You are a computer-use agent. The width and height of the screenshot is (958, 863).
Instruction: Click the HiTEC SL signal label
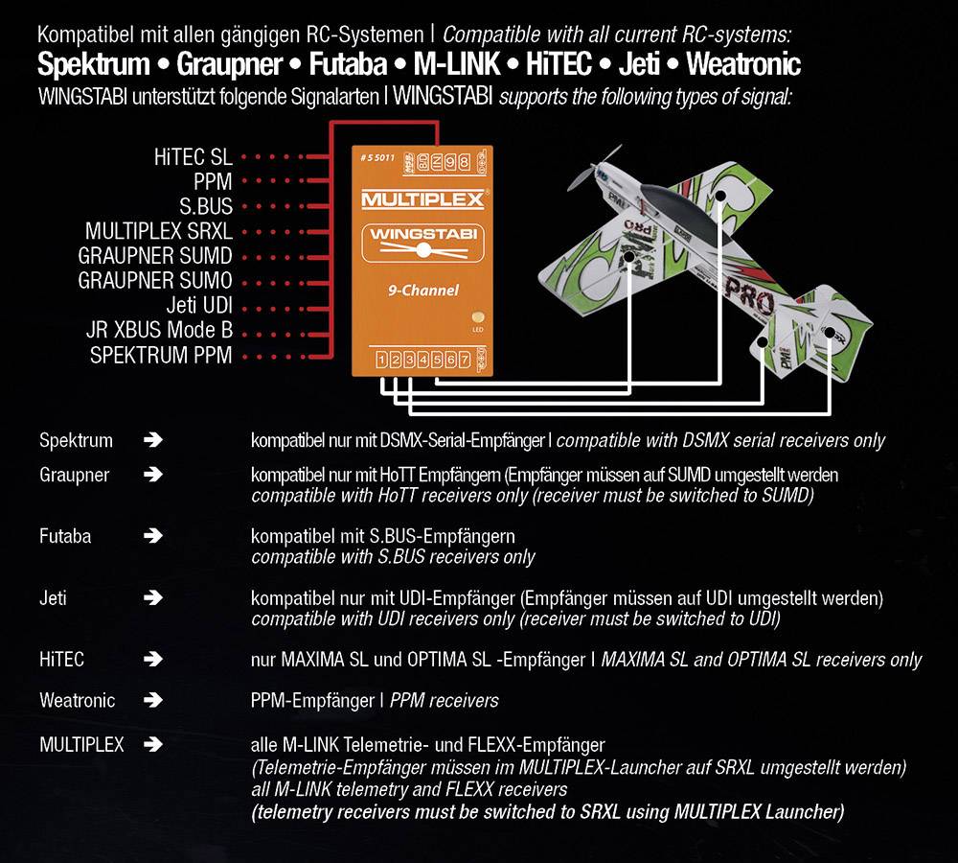[x=193, y=156]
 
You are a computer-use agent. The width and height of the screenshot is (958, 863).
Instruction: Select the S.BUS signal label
[x=206, y=206]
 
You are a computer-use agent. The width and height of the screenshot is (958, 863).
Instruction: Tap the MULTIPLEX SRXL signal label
[x=158, y=231]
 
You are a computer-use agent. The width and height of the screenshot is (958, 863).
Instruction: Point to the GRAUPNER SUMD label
[x=155, y=256]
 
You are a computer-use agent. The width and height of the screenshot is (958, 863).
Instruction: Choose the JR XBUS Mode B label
[x=159, y=331]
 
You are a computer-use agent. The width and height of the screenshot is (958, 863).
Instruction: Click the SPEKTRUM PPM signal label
[x=161, y=356]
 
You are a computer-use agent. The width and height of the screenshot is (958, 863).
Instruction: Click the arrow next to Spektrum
[x=152, y=441]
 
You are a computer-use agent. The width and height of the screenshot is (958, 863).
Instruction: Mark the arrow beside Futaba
[x=152, y=536]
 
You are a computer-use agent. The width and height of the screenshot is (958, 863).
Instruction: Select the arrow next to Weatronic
[x=152, y=701]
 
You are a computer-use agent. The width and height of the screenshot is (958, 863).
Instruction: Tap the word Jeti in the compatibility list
[x=53, y=598]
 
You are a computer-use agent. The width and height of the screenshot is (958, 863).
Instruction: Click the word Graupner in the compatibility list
[x=74, y=475]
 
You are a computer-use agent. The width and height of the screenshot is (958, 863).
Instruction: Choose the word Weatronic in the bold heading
[x=743, y=66]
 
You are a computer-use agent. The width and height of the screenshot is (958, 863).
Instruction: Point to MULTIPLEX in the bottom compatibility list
[x=81, y=744]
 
